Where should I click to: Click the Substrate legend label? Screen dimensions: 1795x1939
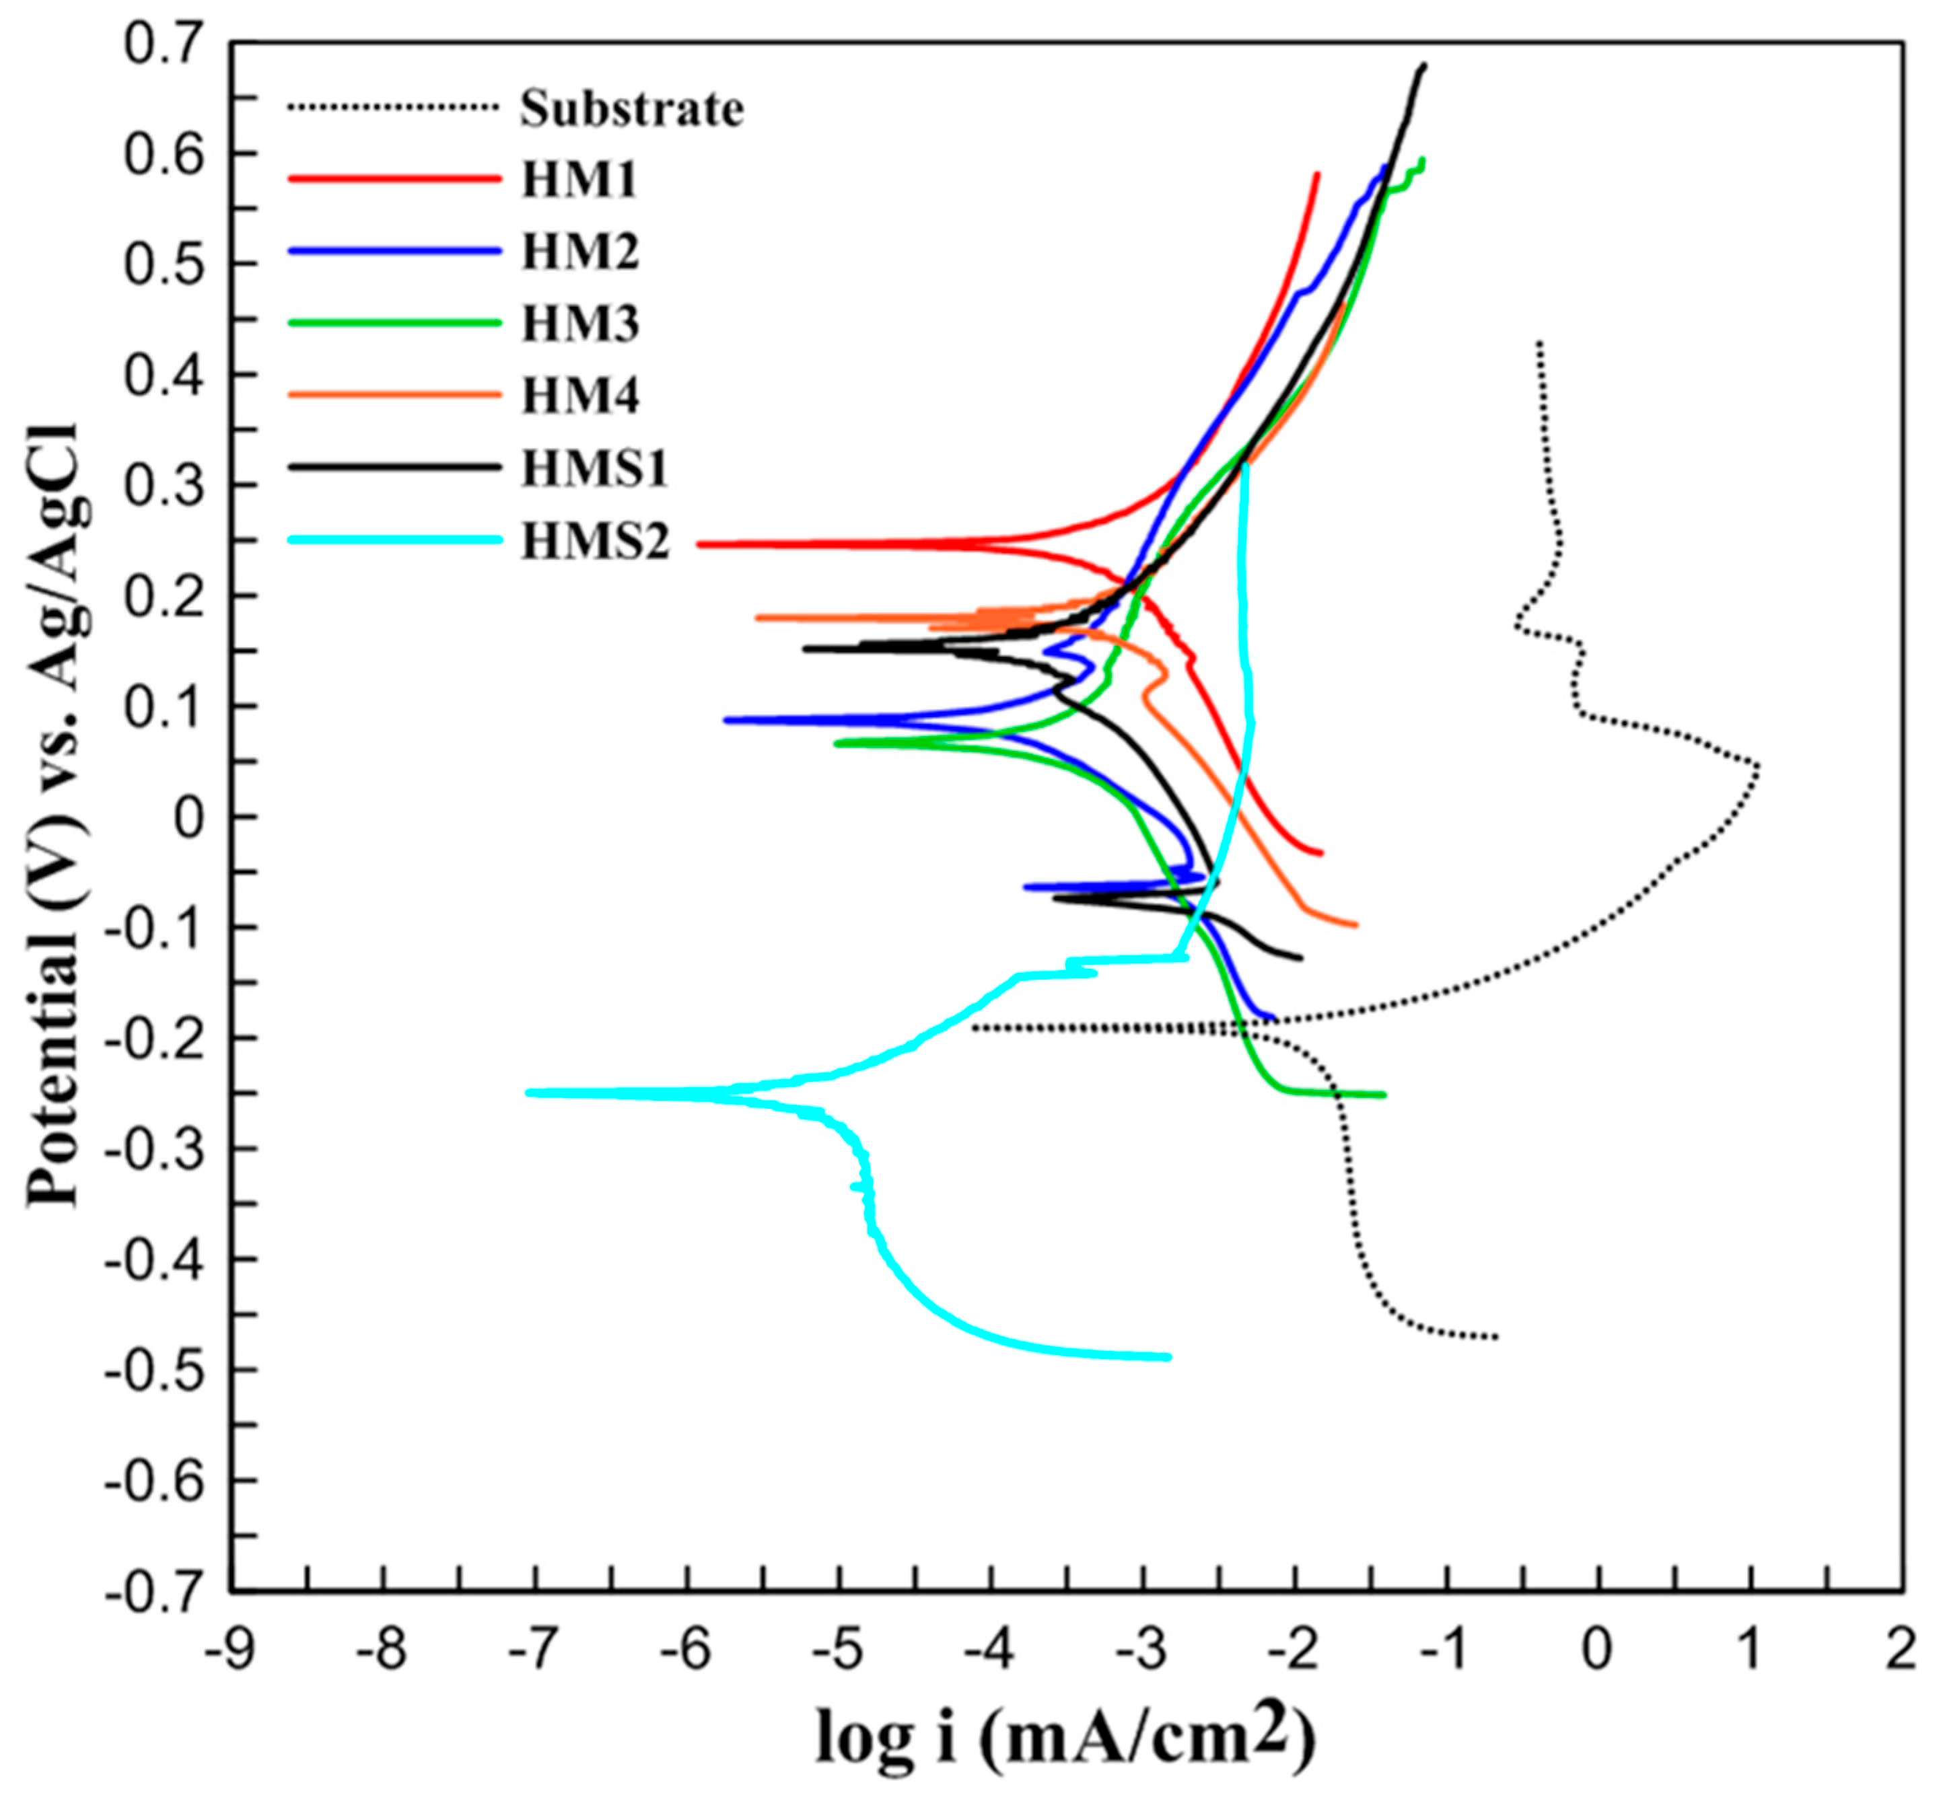[x=631, y=109]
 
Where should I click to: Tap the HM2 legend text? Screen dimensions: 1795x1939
[x=580, y=252]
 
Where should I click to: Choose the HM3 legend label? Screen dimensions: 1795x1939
[x=580, y=324]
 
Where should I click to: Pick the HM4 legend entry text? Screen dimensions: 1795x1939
[x=580, y=396]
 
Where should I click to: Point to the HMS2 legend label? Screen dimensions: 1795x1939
[x=596, y=541]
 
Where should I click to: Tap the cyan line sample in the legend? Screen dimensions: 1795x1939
[x=394, y=540]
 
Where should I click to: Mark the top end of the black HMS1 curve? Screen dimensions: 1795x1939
[x=1424, y=66]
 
